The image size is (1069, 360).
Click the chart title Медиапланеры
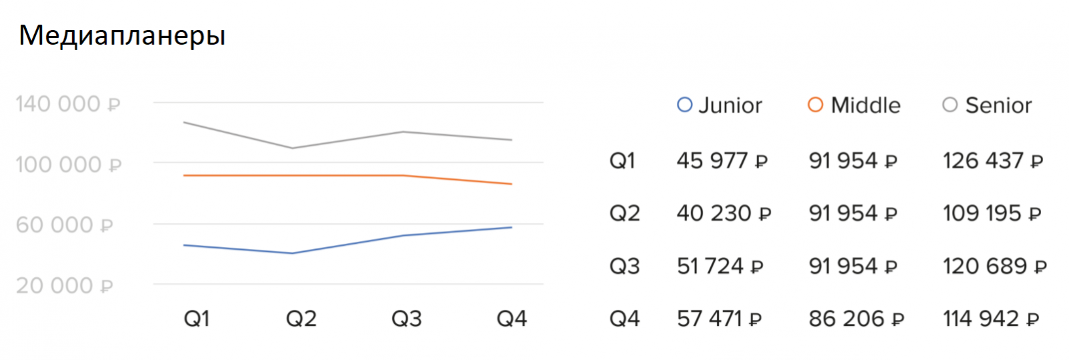(122, 35)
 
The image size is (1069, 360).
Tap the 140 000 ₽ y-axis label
(67, 104)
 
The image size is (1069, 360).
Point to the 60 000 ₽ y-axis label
(65, 225)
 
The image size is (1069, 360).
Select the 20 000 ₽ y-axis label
(65, 286)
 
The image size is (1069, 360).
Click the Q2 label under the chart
(301, 319)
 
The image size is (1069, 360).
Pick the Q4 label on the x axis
(511, 319)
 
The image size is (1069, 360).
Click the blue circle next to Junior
(684, 105)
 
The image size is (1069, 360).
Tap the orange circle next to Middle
(815, 105)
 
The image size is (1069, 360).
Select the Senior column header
(998, 106)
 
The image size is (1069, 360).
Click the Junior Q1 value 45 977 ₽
(722, 161)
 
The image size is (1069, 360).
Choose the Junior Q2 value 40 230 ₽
(724, 214)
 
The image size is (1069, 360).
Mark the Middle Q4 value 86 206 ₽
(856, 319)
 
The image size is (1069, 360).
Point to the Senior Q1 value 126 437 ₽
(992, 161)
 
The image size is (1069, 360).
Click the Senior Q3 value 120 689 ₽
(994, 266)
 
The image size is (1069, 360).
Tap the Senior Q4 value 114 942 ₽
(991, 319)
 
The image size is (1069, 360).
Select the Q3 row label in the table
(624, 266)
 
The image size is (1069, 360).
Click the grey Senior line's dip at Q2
(292, 148)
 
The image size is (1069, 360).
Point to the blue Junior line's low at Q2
(292, 253)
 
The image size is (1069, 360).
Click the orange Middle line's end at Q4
(511, 184)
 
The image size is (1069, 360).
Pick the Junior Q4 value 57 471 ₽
(719, 319)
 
